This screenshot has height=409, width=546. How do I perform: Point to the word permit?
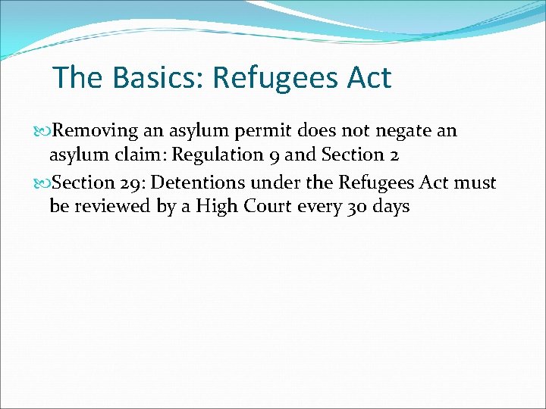(256, 131)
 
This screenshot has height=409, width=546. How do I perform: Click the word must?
(476, 183)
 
